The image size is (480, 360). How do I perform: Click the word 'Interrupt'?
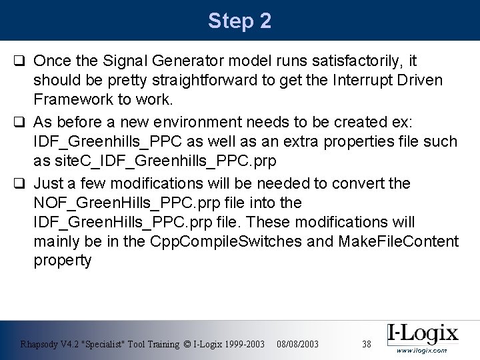tap(357, 81)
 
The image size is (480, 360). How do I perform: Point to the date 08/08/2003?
tap(296, 344)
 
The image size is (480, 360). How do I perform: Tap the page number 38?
tap(366, 344)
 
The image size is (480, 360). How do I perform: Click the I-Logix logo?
tap(423, 333)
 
